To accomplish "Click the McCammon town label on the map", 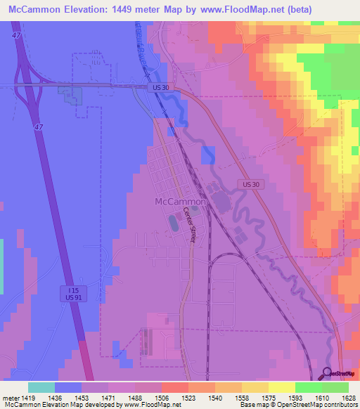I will (179, 202).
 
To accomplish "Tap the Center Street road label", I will (188, 225).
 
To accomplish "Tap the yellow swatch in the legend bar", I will (281, 387).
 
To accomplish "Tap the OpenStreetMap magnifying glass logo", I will (328, 373).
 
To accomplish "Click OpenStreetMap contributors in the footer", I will (316, 405).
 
